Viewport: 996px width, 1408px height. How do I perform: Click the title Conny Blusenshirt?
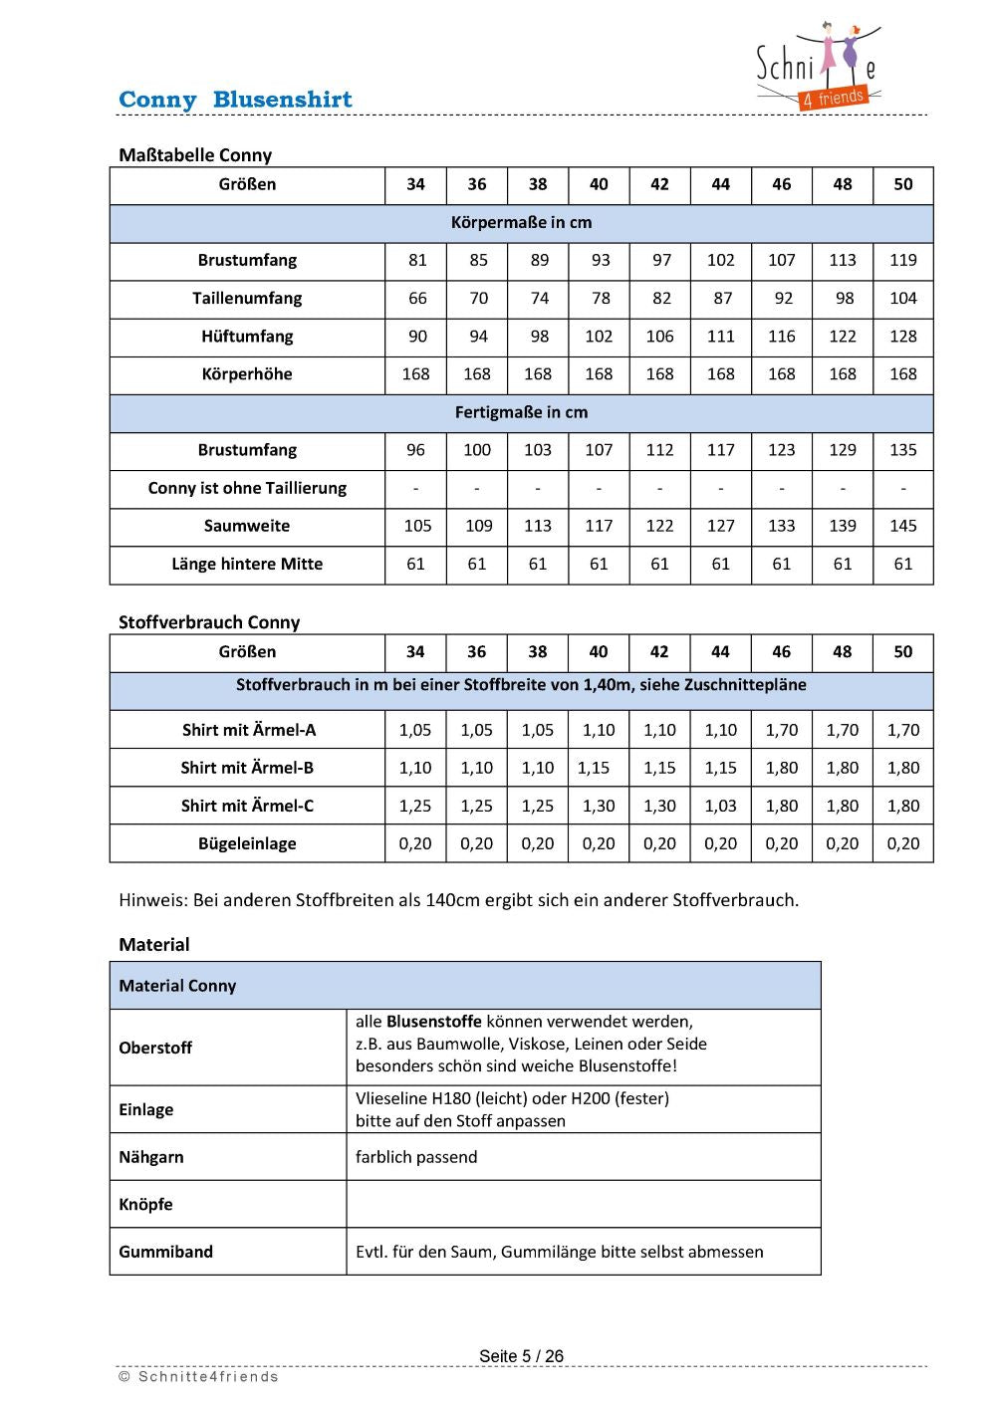pos(235,100)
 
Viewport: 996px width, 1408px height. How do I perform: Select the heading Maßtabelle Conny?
pos(195,155)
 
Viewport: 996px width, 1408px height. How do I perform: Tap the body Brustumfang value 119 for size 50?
pos(902,261)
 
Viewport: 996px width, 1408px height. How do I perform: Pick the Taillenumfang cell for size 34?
pos(416,299)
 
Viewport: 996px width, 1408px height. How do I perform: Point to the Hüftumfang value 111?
pos(720,337)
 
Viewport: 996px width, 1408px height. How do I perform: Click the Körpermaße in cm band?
pos(521,223)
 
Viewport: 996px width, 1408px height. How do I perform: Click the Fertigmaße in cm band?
pos(521,412)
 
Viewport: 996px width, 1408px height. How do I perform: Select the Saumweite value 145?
pos(902,526)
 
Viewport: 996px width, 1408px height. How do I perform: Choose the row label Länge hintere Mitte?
pos(247,565)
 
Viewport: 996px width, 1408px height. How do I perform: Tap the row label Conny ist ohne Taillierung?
pos(247,488)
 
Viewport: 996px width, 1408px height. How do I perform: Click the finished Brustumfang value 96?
pos(416,450)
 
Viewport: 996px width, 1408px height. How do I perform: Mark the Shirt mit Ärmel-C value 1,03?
pos(720,806)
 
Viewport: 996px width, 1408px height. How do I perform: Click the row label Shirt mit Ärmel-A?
pos(249,730)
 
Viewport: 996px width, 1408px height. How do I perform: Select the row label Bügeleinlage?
pos(247,843)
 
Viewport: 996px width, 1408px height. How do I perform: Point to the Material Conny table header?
pos(177,986)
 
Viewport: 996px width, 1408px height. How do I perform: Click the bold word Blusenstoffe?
pos(433,1022)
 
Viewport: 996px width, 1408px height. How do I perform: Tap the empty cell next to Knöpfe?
pos(583,1204)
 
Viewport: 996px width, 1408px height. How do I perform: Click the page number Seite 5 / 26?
pos(521,1356)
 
